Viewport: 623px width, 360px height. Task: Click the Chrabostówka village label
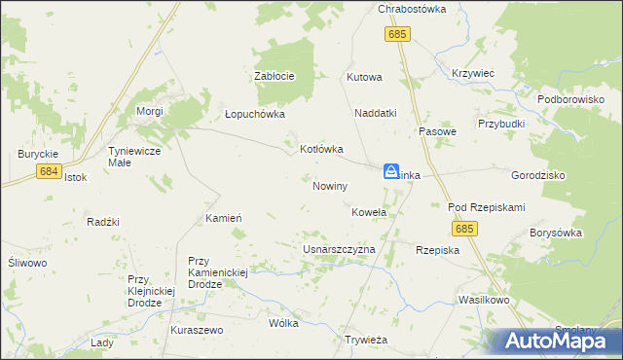click(411, 9)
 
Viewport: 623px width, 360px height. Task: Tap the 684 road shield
click(51, 171)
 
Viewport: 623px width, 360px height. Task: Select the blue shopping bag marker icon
click(390, 171)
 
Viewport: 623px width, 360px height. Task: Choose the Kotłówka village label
click(321, 149)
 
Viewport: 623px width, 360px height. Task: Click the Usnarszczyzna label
click(339, 250)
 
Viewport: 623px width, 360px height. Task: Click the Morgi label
click(149, 111)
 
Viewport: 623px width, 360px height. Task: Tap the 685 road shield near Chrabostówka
click(397, 35)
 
